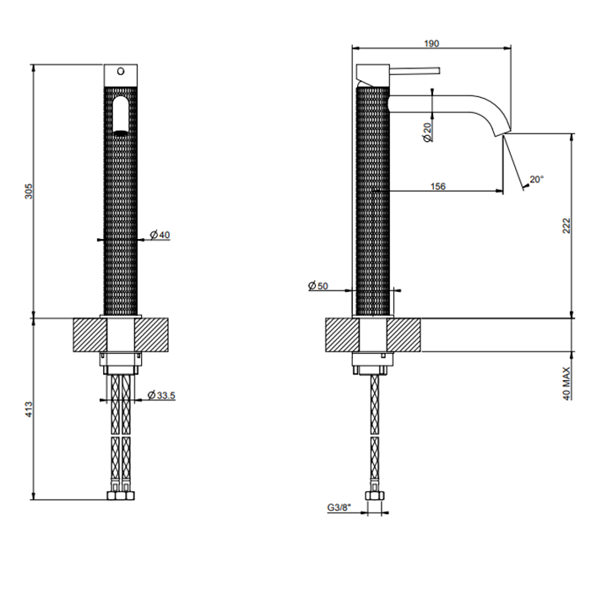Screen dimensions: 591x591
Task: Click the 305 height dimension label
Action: [x=28, y=192]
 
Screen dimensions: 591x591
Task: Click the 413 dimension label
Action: [x=28, y=410]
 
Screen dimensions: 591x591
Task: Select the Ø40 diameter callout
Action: [x=160, y=235]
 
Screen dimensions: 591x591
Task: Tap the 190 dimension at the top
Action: [x=431, y=44]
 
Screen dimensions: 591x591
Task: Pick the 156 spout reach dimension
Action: [x=437, y=187]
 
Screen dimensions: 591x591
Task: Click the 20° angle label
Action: [x=536, y=179]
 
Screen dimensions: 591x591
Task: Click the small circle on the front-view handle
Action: [x=119, y=70]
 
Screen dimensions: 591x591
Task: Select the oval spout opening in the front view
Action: [x=121, y=115]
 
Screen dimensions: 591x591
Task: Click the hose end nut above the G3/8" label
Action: [x=372, y=495]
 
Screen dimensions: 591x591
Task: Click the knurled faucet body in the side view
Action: [x=374, y=203]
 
